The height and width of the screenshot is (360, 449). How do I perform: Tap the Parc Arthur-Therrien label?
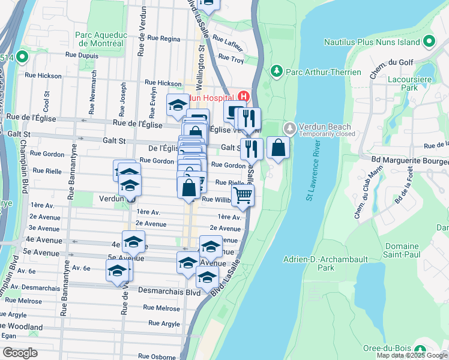coord(323,72)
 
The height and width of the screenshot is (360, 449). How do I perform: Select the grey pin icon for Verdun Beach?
coord(289,128)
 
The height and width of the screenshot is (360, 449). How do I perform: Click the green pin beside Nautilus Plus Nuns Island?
coord(429,42)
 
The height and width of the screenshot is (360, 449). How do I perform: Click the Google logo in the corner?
coord(20,353)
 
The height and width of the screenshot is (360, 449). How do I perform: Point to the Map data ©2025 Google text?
coord(411,355)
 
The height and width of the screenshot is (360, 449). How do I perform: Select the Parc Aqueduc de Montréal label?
coord(99,39)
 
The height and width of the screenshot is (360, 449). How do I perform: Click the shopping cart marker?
coord(243,194)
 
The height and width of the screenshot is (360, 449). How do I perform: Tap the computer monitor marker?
coord(234,110)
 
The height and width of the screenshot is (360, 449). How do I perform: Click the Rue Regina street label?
coord(162,38)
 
